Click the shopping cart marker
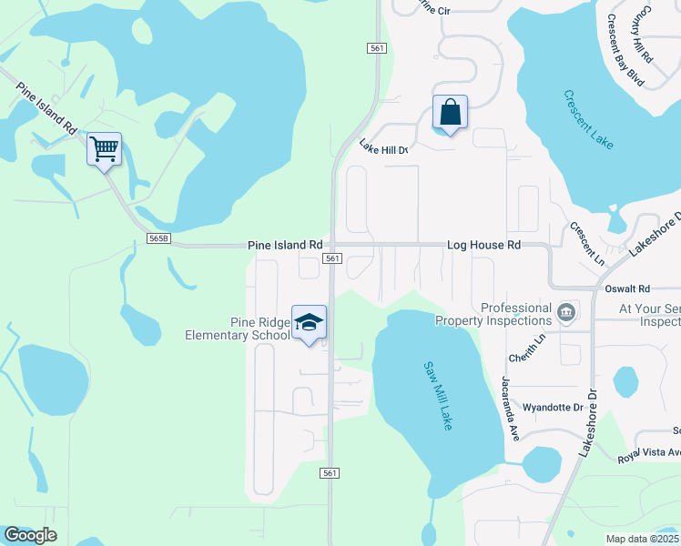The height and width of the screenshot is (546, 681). click(104, 148)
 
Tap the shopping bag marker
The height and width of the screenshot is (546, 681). click(450, 114)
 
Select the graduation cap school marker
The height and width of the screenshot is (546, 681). click(310, 323)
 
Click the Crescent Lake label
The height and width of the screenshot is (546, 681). click(588, 119)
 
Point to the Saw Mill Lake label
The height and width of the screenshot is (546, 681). click(438, 396)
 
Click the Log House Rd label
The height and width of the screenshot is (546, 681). click(483, 246)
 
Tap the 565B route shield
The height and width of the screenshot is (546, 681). click(158, 238)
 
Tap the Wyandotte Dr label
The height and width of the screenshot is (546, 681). click(552, 407)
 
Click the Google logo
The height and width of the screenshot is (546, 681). click(30, 535)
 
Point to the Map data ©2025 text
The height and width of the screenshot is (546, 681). click(643, 539)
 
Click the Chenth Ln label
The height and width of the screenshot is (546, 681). click(526, 344)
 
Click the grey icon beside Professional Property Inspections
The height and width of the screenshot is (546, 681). click(566, 314)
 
